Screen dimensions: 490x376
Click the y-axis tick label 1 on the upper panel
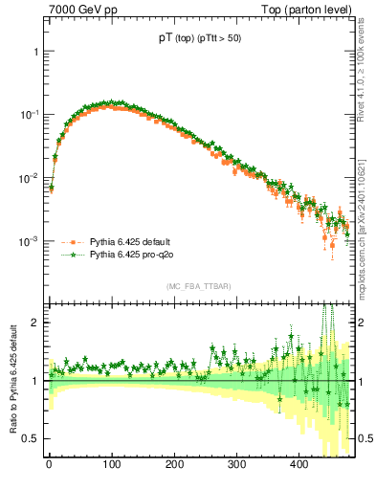coord(35,51)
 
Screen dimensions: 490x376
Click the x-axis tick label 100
coord(111,466)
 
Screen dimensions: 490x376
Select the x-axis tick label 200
coord(173,466)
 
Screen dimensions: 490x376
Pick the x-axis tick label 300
coord(236,466)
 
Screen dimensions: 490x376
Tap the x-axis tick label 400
coord(299,466)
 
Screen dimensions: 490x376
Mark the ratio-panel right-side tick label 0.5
coord(365,438)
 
